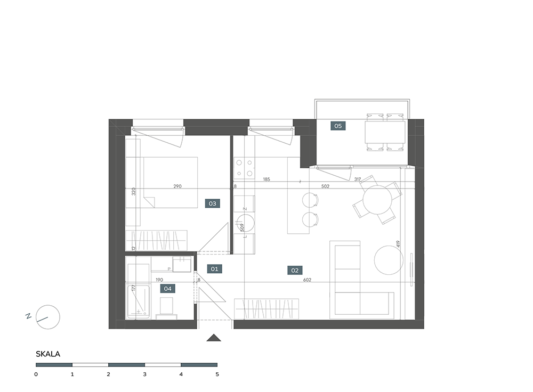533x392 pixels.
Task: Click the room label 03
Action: (x=213, y=203)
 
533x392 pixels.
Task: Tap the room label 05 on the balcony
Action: (x=338, y=126)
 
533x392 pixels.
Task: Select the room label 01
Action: (x=214, y=269)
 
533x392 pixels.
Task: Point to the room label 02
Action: (x=295, y=271)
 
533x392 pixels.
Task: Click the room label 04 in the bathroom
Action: (x=167, y=289)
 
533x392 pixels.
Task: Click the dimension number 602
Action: (x=308, y=280)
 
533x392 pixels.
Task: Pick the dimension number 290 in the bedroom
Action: (x=177, y=186)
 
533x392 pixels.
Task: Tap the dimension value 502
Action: (x=325, y=186)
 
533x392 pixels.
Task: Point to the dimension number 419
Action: (x=398, y=244)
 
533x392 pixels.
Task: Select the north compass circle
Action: (x=48, y=317)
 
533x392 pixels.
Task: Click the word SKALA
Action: (x=48, y=354)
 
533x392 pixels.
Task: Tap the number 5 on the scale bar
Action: (x=217, y=374)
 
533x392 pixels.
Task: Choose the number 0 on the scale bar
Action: (x=36, y=374)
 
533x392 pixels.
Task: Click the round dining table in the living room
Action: (x=377, y=199)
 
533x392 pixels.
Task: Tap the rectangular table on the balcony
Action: (x=385, y=132)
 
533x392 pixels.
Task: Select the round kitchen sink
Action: (x=245, y=223)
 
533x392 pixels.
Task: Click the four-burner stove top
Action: (x=245, y=168)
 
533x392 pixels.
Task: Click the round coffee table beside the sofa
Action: (x=389, y=260)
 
